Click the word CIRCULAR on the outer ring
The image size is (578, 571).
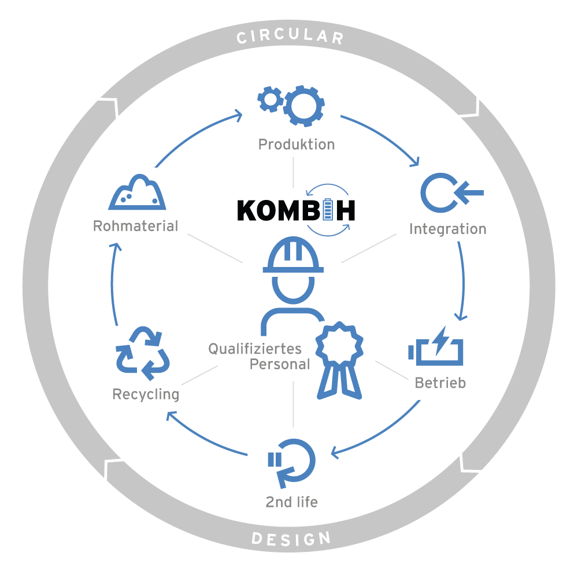click(290, 38)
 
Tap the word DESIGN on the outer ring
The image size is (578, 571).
click(291, 539)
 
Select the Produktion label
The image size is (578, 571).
click(297, 144)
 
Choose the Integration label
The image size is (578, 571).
click(447, 229)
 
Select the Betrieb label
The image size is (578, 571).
click(440, 383)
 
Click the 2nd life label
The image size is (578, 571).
click(291, 502)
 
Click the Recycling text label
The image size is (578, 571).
click(146, 395)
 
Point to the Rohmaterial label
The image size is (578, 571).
click(135, 225)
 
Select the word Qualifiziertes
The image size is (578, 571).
click(255, 349)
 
